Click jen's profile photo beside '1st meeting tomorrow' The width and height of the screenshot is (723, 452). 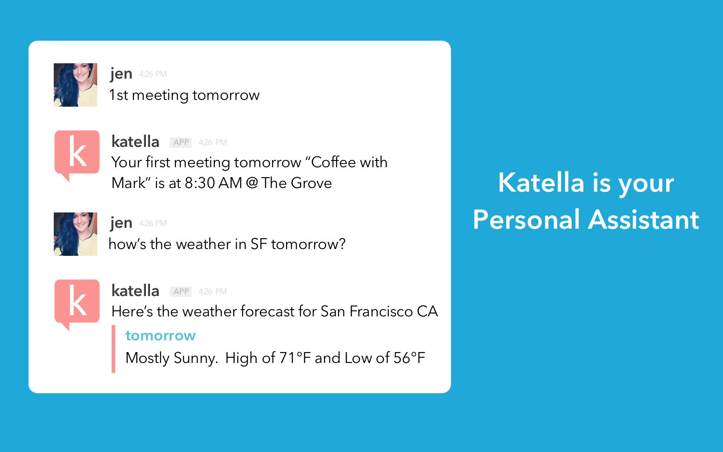(x=75, y=85)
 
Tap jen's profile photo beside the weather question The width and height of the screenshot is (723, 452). (x=75, y=234)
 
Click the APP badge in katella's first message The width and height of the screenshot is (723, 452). (x=181, y=142)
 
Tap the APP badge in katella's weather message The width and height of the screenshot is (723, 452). (x=181, y=292)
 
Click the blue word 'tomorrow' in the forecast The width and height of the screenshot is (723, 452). (x=160, y=336)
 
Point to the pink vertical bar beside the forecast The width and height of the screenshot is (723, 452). (x=113, y=349)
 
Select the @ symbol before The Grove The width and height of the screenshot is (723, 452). (x=251, y=183)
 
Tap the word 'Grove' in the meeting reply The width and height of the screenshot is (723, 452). (x=311, y=183)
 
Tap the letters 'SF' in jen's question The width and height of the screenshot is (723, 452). (x=258, y=244)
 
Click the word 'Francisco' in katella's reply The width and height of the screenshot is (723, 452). (x=381, y=311)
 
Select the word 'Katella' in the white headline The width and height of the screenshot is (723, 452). (x=541, y=183)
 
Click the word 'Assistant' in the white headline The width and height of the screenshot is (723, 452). (x=643, y=220)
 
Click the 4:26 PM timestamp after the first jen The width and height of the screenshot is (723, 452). (x=153, y=74)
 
